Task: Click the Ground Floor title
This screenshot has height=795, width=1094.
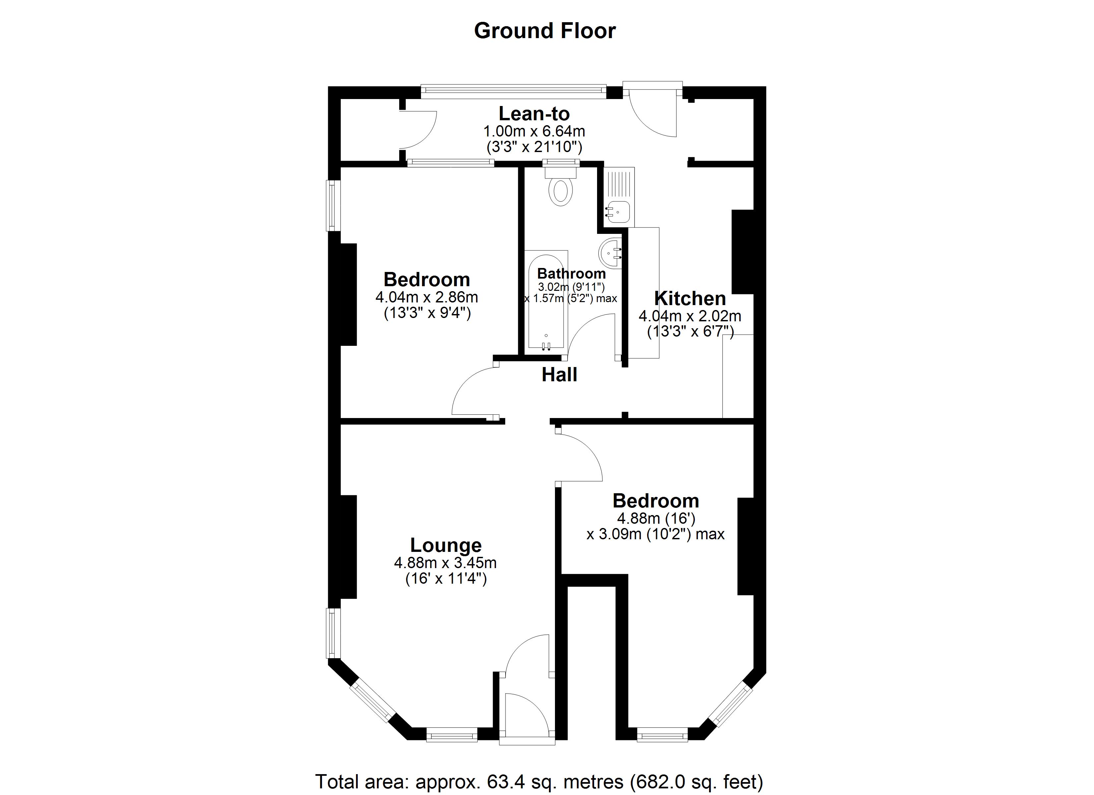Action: pos(545,31)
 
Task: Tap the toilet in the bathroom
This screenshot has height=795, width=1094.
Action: pos(561,190)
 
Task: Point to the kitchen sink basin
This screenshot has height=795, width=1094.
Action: pos(617,212)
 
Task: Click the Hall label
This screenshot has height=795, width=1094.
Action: pos(559,375)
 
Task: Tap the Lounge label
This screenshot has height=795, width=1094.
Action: pos(446,545)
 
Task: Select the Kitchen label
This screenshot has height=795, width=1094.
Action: pos(690,298)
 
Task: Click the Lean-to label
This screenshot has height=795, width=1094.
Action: pos(534,114)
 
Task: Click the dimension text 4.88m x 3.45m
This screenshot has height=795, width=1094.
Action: pos(445,562)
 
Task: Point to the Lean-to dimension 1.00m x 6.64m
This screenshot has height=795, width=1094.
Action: pos(534,131)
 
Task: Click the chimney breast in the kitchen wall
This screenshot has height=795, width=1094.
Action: pos(742,252)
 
